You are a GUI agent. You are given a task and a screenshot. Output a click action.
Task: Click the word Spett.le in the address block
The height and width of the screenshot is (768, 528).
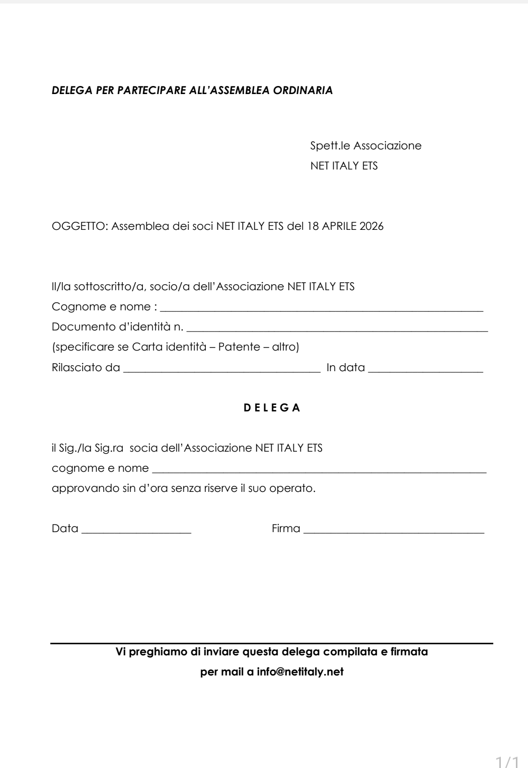[x=330, y=146]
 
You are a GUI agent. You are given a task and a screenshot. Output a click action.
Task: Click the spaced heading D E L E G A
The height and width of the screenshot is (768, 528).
[x=272, y=408]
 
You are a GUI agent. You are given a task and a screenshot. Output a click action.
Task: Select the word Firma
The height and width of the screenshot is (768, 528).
[x=286, y=529]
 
